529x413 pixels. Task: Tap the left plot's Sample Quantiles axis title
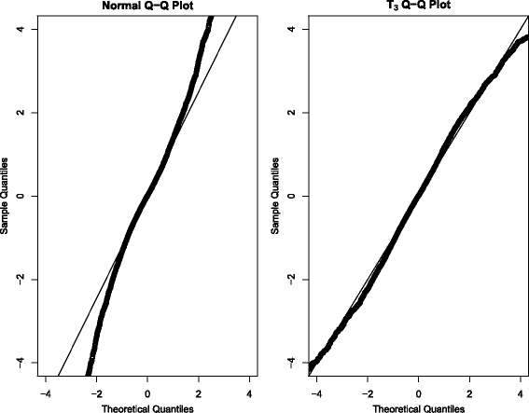coord(7,196)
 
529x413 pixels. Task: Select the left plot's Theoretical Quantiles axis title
coord(146,406)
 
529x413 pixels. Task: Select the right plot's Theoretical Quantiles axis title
coord(419,406)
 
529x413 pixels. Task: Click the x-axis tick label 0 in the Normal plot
coord(147,392)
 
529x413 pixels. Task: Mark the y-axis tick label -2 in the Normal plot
coord(21,279)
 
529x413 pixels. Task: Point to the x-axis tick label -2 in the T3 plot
coord(365,392)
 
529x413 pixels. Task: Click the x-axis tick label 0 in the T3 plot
coord(419,392)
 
